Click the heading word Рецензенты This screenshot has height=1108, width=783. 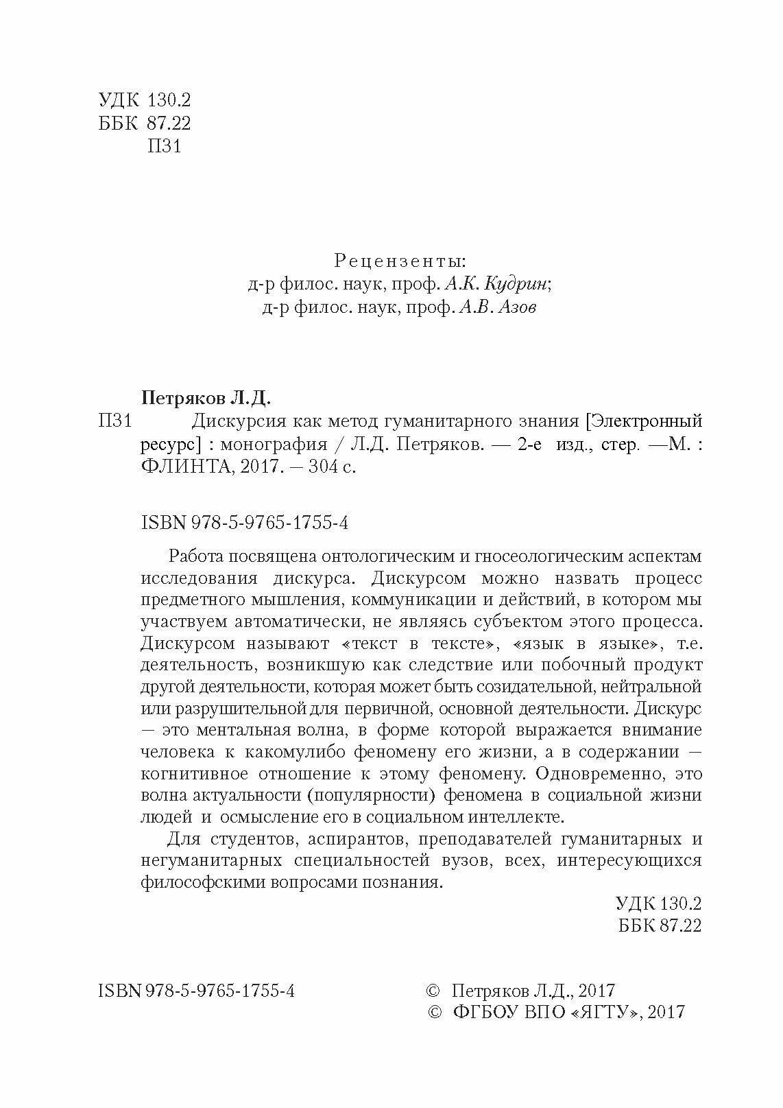399,261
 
